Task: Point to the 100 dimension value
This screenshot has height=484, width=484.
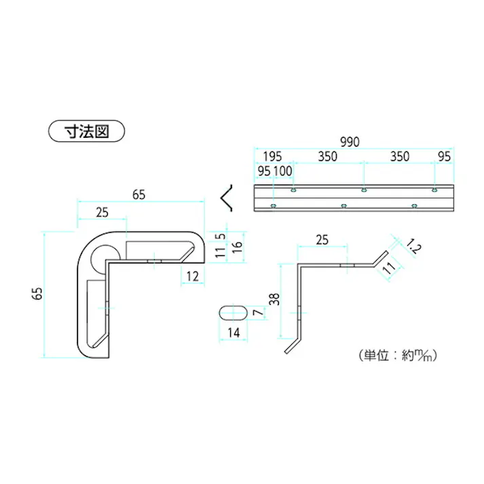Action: (x=282, y=171)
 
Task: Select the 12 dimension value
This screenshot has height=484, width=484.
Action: (x=192, y=275)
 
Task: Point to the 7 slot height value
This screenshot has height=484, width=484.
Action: (x=256, y=314)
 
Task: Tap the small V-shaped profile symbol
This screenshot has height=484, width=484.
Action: (x=229, y=198)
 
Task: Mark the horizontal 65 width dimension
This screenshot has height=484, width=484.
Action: (x=138, y=195)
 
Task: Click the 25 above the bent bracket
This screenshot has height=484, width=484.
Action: (x=322, y=239)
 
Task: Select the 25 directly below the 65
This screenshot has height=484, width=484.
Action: (x=102, y=212)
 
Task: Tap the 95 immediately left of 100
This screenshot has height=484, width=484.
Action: (x=264, y=171)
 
